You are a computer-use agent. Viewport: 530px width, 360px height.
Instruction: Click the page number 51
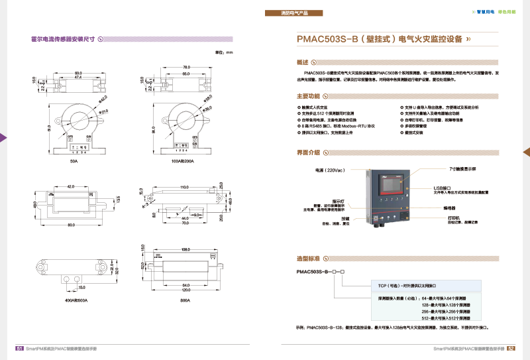[x=20, y=347]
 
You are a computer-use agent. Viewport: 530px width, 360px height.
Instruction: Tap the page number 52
[x=511, y=347]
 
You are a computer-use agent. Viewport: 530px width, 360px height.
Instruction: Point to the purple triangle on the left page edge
[x=3, y=137]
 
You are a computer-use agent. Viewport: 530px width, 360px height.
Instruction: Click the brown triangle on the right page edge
[x=527, y=152]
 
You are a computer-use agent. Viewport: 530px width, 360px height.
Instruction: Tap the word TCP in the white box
[x=382, y=285]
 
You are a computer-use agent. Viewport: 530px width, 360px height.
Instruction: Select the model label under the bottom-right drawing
[x=185, y=300]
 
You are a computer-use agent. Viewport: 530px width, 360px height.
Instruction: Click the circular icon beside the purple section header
[x=101, y=39]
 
